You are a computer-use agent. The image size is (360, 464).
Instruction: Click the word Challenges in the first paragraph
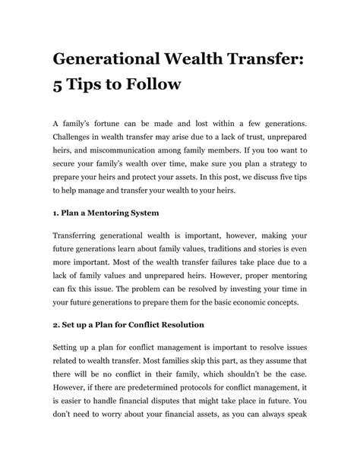[x=77, y=136]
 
